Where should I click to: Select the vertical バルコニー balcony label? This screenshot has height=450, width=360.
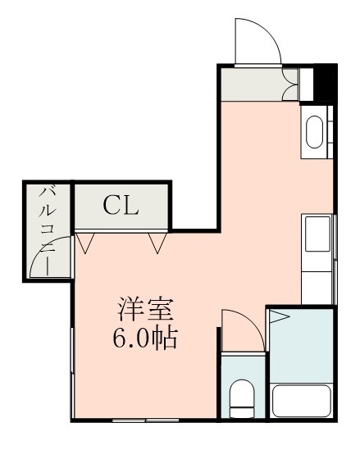point(48,229)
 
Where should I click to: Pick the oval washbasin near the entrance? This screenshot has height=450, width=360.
point(314,132)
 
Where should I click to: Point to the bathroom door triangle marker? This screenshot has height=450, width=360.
point(280,316)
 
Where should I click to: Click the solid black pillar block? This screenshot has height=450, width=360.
point(326,82)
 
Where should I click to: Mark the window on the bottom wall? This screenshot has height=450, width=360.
point(145,420)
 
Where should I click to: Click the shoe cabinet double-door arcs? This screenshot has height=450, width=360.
point(290,83)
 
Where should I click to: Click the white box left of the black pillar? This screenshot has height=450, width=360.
point(308,82)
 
